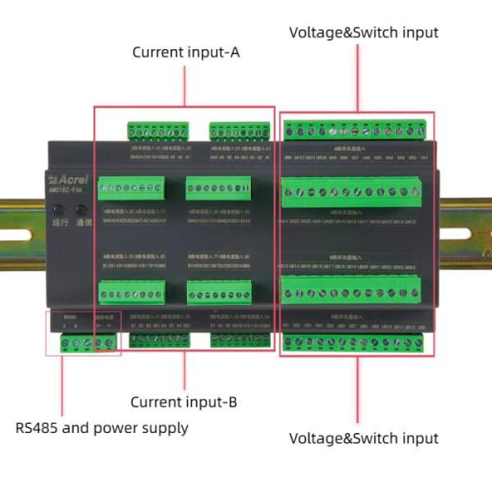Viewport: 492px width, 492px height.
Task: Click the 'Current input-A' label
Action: (186, 52)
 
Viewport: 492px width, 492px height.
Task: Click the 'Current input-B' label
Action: (184, 402)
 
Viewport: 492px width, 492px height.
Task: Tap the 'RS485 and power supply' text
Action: (102, 427)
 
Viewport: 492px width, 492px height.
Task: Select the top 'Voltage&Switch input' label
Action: (363, 33)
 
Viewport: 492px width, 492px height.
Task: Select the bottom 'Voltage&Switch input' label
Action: (363, 438)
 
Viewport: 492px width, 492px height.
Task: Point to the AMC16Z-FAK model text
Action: (66, 190)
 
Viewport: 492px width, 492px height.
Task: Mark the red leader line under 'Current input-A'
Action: (184, 85)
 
